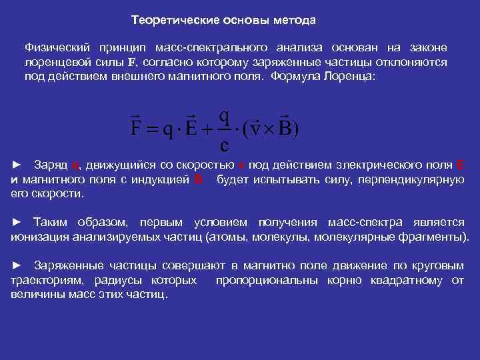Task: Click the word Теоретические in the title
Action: point(169,20)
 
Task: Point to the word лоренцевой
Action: point(51,62)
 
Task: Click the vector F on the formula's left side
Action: point(134,127)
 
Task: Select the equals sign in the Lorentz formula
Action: point(154,128)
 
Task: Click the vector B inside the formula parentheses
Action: point(285,127)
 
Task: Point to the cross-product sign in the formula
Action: point(269,128)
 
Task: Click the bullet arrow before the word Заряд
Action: point(18,164)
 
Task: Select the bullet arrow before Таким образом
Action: point(18,222)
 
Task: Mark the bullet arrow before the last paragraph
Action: point(18,266)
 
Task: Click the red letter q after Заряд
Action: point(75,165)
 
